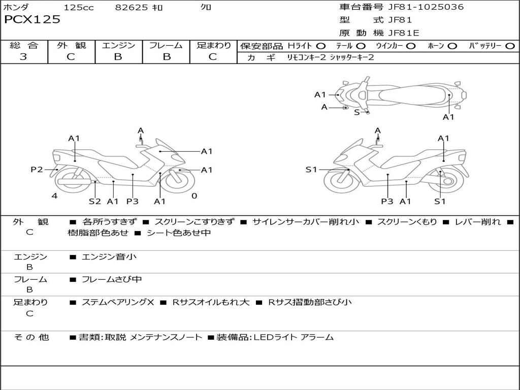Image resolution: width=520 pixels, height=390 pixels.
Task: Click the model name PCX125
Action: coord(32,19)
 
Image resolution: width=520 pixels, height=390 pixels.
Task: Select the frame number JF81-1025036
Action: coord(426,7)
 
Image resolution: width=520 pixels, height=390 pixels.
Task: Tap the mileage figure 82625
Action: coord(132,7)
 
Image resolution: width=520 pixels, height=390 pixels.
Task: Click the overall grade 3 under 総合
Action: coord(23,57)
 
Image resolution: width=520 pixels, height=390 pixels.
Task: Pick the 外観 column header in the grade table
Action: coord(71,45)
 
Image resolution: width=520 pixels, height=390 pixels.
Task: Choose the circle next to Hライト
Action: coord(321,46)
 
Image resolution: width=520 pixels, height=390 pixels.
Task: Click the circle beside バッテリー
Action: coord(510,46)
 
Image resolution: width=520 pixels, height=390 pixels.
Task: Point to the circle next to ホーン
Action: coord(452,46)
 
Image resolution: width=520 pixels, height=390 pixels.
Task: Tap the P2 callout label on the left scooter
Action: coord(37,170)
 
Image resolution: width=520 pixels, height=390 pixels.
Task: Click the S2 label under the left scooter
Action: coord(95,201)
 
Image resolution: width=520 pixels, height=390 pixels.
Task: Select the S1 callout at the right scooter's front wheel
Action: coord(311,170)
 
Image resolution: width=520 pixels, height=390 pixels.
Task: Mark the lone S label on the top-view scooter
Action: coord(357,112)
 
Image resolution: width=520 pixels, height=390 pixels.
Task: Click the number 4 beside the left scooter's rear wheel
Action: coord(55,196)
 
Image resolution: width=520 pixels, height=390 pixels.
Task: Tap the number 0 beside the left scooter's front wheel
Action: coord(194,196)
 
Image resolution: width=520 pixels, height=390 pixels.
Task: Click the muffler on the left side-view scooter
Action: coord(74,182)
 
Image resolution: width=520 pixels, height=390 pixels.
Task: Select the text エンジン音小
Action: coord(109,256)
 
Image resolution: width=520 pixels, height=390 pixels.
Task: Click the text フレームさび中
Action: coord(112,280)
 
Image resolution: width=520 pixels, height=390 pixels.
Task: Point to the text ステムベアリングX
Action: coord(118,302)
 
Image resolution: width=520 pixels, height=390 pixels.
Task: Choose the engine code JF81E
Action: coord(404,33)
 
